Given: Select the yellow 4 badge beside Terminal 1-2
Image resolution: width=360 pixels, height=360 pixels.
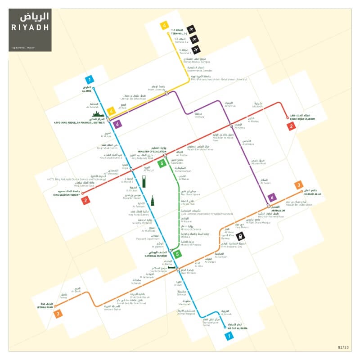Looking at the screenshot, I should click(x=165, y=26).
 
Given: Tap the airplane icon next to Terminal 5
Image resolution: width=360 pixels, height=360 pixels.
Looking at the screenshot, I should click(x=196, y=49).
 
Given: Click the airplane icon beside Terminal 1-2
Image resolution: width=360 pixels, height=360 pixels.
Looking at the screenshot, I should click(x=191, y=30).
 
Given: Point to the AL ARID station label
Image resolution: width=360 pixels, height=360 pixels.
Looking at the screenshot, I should click(x=86, y=91).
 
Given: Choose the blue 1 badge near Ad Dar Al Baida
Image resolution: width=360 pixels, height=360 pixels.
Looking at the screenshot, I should click(x=230, y=335).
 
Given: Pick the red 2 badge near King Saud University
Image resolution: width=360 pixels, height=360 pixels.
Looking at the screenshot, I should click(x=85, y=201).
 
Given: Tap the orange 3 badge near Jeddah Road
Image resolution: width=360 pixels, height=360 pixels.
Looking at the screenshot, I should click(x=58, y=314).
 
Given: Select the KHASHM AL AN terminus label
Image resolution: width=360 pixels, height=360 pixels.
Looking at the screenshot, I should click(x=313, y=194).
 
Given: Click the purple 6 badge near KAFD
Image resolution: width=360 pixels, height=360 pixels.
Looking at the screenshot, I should click(x=118, y=124).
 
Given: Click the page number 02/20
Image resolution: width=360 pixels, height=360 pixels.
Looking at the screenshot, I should click(x=343, y=347).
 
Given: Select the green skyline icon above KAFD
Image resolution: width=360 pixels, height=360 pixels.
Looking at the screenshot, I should click(x=101, y=117).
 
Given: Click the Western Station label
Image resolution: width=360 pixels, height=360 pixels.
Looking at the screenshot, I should click(x=112, y=309).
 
